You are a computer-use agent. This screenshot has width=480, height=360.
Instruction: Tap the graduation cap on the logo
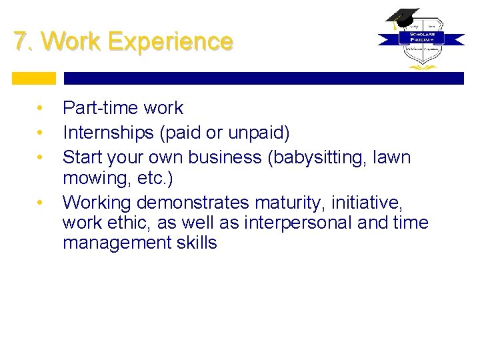[401, 17]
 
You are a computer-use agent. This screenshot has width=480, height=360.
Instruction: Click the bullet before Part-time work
[41, 108]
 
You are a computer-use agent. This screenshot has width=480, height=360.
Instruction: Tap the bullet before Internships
[41, 133]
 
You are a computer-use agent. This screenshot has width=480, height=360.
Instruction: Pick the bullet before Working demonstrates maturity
[41, 201]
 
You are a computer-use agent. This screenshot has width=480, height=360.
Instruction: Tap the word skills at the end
[196, 243]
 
